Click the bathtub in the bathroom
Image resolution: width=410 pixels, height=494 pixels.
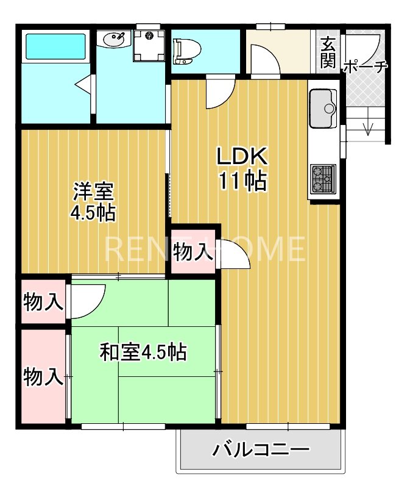coord(55,46)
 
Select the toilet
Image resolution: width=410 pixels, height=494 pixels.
coord(183,51)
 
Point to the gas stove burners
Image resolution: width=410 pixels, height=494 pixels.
coord(322,178)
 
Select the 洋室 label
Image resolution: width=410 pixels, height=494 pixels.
coord(93,192)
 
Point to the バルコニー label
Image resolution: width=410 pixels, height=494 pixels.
coord(260,451)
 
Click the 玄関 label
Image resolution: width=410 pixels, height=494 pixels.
coord(328,51)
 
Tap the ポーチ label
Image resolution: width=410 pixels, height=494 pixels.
coord(366,66)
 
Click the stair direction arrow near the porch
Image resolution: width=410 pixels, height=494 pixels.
coord(368,128)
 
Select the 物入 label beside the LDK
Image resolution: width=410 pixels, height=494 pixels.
coord(193,251)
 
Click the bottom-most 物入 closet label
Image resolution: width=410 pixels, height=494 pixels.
coord(43,376)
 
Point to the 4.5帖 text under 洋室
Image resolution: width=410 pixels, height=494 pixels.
coord(93,213)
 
